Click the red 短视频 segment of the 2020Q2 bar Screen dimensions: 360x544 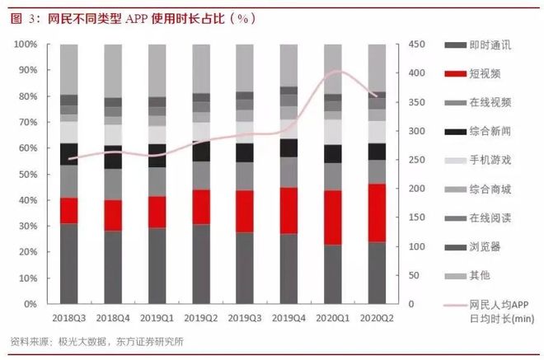pos(377,213)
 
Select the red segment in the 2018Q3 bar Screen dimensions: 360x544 pos(69,210)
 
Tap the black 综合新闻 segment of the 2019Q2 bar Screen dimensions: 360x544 pos(200,151)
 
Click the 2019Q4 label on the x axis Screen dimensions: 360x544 pos(288,316)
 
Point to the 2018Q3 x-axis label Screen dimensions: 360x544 pos(69,316)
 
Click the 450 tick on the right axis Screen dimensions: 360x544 pos(418,44)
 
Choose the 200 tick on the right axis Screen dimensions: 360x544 pos(418,189)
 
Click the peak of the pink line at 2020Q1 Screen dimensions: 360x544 pos(334,71)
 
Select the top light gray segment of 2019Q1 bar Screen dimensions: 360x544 pos(157,70)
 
